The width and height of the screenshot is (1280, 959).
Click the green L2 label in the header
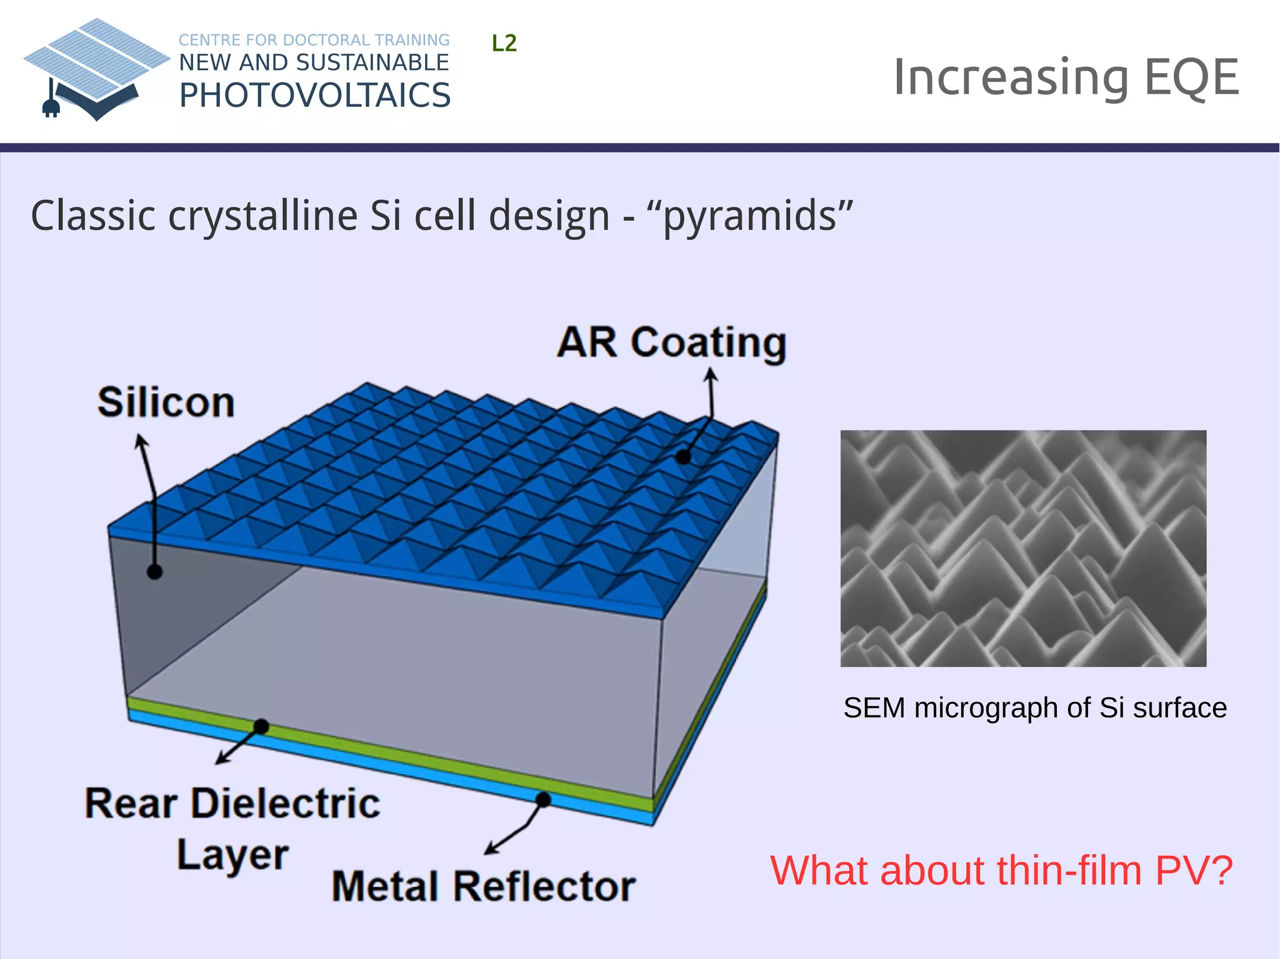[x=504, y=43]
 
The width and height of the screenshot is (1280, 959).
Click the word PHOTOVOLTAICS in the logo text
[x=314, y=96]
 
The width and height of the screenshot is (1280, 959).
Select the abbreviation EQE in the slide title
[x=1191, y=77]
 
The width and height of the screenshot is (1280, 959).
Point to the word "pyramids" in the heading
[x=750, y=216]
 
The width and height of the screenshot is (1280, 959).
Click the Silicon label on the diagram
[x=166, y=402]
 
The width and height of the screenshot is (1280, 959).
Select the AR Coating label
[x=671, y=342]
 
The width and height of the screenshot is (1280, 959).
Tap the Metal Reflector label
[x=483, y=886]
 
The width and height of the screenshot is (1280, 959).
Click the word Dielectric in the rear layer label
[x=286, y=803]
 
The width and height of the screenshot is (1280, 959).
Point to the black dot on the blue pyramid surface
[x=683, y=457]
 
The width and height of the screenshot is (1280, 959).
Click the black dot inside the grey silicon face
[x=154, y=571]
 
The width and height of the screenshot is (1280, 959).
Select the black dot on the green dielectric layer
[x=261, y=726]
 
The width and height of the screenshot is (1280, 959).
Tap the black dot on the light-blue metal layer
[x=543, y=799]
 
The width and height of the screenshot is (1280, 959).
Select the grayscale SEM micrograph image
[x=1023, y=548]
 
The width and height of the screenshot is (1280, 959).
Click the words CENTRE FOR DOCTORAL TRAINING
[x=314, y=40]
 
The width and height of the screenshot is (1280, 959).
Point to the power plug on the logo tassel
[x=51, y=107]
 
